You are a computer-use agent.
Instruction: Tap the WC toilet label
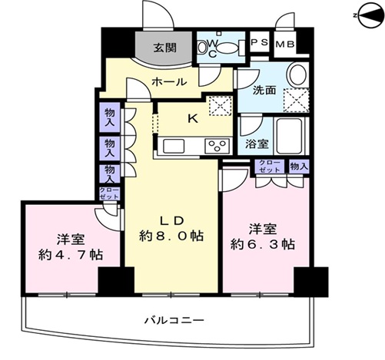click(x=212, y=48)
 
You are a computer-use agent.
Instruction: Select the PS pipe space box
click(x=259, y=41)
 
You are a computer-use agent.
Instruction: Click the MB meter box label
click(x=285, y=45)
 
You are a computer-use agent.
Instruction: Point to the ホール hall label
click(x=168, y=82)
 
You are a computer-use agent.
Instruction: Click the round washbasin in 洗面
click(x=297, y=75)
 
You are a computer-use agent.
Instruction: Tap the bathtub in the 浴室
click(x=290, y=135)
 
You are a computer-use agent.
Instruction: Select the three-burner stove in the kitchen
click(x=217, y=146)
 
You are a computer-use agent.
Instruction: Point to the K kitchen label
click(x=193, y=119)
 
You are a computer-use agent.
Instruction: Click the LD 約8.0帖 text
click(x=171, y=229)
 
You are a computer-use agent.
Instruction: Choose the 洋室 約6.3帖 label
click(x=263, y=237)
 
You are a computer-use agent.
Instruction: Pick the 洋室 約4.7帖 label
click(x=71, y=247)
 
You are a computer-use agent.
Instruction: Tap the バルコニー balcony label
click(x=174, y=320)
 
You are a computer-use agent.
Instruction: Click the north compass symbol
click(x=369, y=15)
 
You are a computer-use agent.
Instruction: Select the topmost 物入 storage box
click(x=110, y=117)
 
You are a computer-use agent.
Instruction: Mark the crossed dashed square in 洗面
click(x=296, y=100)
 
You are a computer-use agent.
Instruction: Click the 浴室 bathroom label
click(x=257, y=144)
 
